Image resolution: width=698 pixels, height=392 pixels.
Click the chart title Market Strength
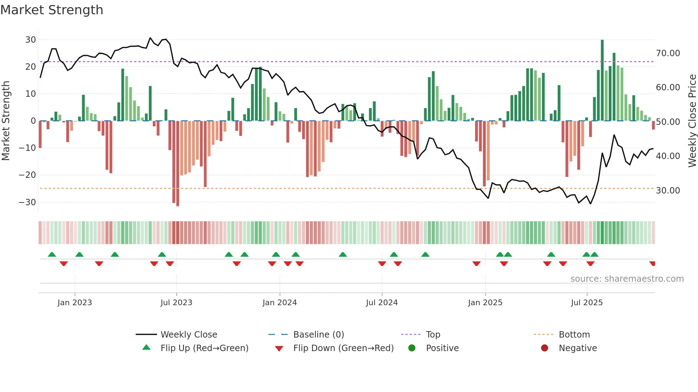(x=52, y=10)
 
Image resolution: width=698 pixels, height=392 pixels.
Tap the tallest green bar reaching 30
(x=602, y=80)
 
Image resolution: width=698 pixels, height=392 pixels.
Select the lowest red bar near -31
(x=177, y=164)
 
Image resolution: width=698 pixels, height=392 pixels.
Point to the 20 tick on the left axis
(x=31, y=67)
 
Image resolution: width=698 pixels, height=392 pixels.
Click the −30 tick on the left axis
(x=27, y=202)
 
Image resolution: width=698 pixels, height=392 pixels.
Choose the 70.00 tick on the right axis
(x=668, y=53)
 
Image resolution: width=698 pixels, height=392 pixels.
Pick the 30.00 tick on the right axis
(x=668, y=190)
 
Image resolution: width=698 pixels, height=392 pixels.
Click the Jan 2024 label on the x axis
(x=280, y=302)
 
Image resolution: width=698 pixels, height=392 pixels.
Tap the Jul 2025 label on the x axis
(x=587, y=302)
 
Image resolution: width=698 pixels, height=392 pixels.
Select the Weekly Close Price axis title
(x=692, y=121)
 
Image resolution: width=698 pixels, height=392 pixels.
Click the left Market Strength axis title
(x=6, y=121)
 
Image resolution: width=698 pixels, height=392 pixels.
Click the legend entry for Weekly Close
(x=188, y=334)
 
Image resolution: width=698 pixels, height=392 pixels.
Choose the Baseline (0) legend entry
(x=318, y=334)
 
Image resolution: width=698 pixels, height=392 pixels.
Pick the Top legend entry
(x=433, y=334)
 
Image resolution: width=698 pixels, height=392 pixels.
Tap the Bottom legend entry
(x=574, y=334)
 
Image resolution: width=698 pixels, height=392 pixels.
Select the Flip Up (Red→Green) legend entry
(x=204, y=348)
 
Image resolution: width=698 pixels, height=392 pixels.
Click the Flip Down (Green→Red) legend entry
(x=343, y=348)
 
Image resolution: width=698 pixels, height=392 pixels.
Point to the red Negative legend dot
(x=545, y=348)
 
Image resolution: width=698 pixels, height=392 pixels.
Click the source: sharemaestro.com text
(x=627, y=279)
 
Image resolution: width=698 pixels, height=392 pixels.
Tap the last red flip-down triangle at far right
(x=652, y=264)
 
